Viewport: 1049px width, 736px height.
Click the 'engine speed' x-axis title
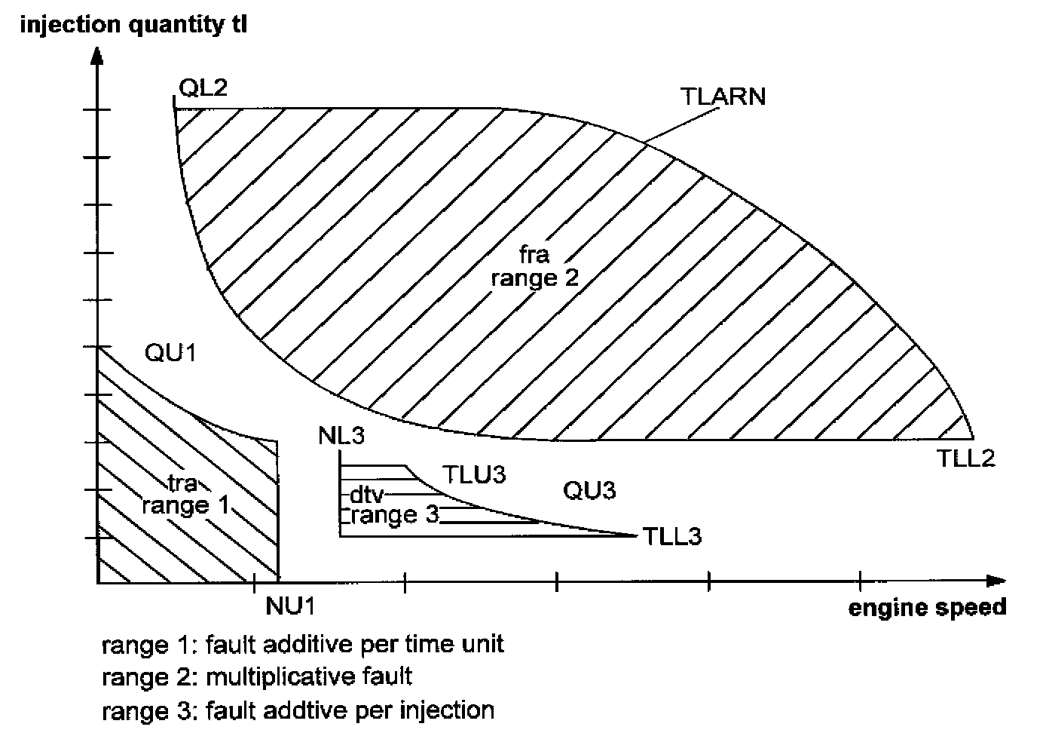pyautogui.click(x=928, y=608)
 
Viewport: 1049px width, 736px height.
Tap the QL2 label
pyautogui.click(x=203, y=88)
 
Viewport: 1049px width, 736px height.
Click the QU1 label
pyautogui.click(x=170, y=352)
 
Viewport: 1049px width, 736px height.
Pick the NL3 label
pyautogui.click(x=342, y=435)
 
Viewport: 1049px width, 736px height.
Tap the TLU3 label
pyautogui.click(x=473, y=474)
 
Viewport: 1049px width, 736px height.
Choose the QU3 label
pyautogui.click(x=589, y=491)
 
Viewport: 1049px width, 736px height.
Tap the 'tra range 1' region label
pyautogui.click(x=185, y=494)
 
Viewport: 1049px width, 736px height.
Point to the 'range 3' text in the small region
pyautogui.click(x=394, y=516)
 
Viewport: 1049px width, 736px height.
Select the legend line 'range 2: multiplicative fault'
pyautogui.click(x=257, y=676)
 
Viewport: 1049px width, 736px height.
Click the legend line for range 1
pyautogui.click(x=303, y=644)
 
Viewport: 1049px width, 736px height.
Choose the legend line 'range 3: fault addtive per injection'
pyautogui.click(x=298, y=710)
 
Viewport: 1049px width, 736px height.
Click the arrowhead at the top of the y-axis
pyautogui.click(x=97, y=56)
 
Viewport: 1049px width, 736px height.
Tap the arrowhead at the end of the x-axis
pyautogui.click(x=996, y=581)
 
